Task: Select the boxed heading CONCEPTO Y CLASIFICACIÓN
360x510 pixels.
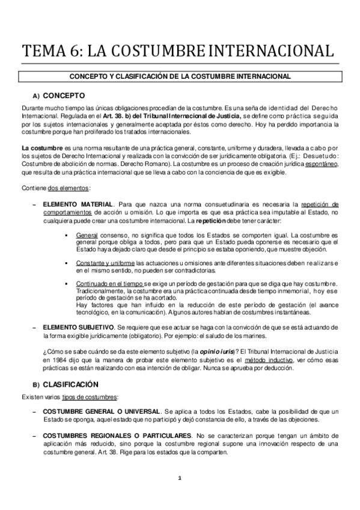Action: pos(180,76)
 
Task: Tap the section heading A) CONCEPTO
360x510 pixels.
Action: pos(59,96)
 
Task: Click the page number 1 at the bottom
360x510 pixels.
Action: pos(179,478)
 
